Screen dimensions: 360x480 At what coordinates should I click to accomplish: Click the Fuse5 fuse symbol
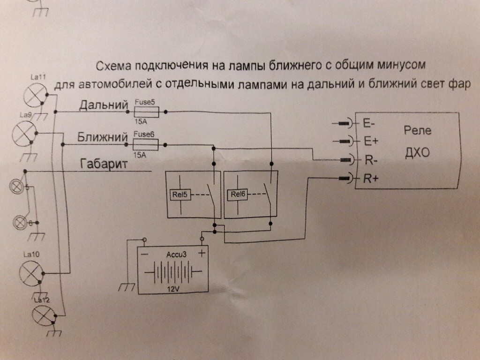[146, 112]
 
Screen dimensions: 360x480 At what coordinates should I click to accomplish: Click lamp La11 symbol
[35, 95]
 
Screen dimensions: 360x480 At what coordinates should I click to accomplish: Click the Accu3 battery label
[177, 255]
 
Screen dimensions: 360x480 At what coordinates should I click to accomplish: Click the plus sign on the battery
[202, 254]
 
